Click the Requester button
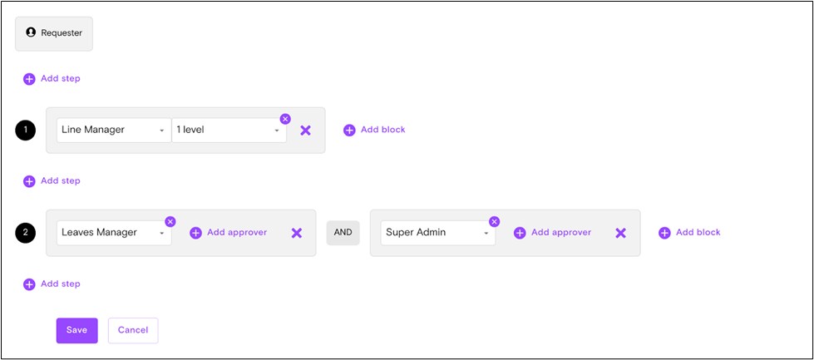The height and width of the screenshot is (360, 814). [54, 33]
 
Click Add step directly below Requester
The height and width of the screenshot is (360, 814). [52, 79]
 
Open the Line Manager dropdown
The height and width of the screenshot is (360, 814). [113, 131]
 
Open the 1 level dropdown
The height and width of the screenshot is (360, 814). [229, 131]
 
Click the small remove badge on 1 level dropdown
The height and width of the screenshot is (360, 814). [285, 119]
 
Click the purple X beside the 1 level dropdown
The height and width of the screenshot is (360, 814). [305, 131]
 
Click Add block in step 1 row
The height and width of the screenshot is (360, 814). [374, 130]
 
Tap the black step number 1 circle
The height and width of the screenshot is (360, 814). [26, 131]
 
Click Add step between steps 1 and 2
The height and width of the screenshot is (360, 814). [52, 181]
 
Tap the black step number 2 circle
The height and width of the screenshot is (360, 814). [26, 233]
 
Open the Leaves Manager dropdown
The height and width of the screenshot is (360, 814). [113, 233]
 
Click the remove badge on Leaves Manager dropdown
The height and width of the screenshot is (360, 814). [170, 221]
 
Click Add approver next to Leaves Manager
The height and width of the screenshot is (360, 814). [229, 233]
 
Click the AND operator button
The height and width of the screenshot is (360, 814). [343, 233]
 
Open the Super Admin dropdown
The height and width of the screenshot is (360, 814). [437, 233]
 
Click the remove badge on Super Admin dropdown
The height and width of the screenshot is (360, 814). [495, 221]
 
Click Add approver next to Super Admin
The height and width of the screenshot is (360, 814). [553, 233]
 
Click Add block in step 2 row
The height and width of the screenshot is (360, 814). [689, 233]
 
